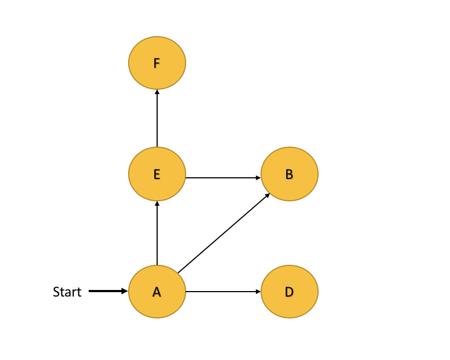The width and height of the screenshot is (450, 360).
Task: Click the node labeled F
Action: click(157, 63)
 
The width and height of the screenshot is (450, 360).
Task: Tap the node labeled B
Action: click(290, 174)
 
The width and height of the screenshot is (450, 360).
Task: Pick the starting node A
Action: click(157, 292)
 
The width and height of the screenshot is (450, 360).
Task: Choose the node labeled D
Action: click(290, 292)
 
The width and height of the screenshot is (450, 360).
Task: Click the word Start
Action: click(67, 292)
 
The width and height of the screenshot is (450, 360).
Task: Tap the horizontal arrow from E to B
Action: click(222, 178)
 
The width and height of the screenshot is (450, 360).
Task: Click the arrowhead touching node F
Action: click(157, 92)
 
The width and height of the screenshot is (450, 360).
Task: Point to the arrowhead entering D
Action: click(258, 292)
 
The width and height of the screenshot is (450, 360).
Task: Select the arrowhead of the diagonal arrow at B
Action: click(267, 195)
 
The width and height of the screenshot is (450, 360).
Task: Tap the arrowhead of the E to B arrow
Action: click(258, 178)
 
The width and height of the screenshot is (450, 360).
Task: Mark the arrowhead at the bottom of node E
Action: click(157, 204)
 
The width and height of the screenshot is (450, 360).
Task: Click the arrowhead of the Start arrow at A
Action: click(125, 292)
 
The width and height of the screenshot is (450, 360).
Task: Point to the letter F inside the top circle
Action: click(157, 63)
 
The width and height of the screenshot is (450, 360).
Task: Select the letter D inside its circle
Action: click(289, 292)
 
